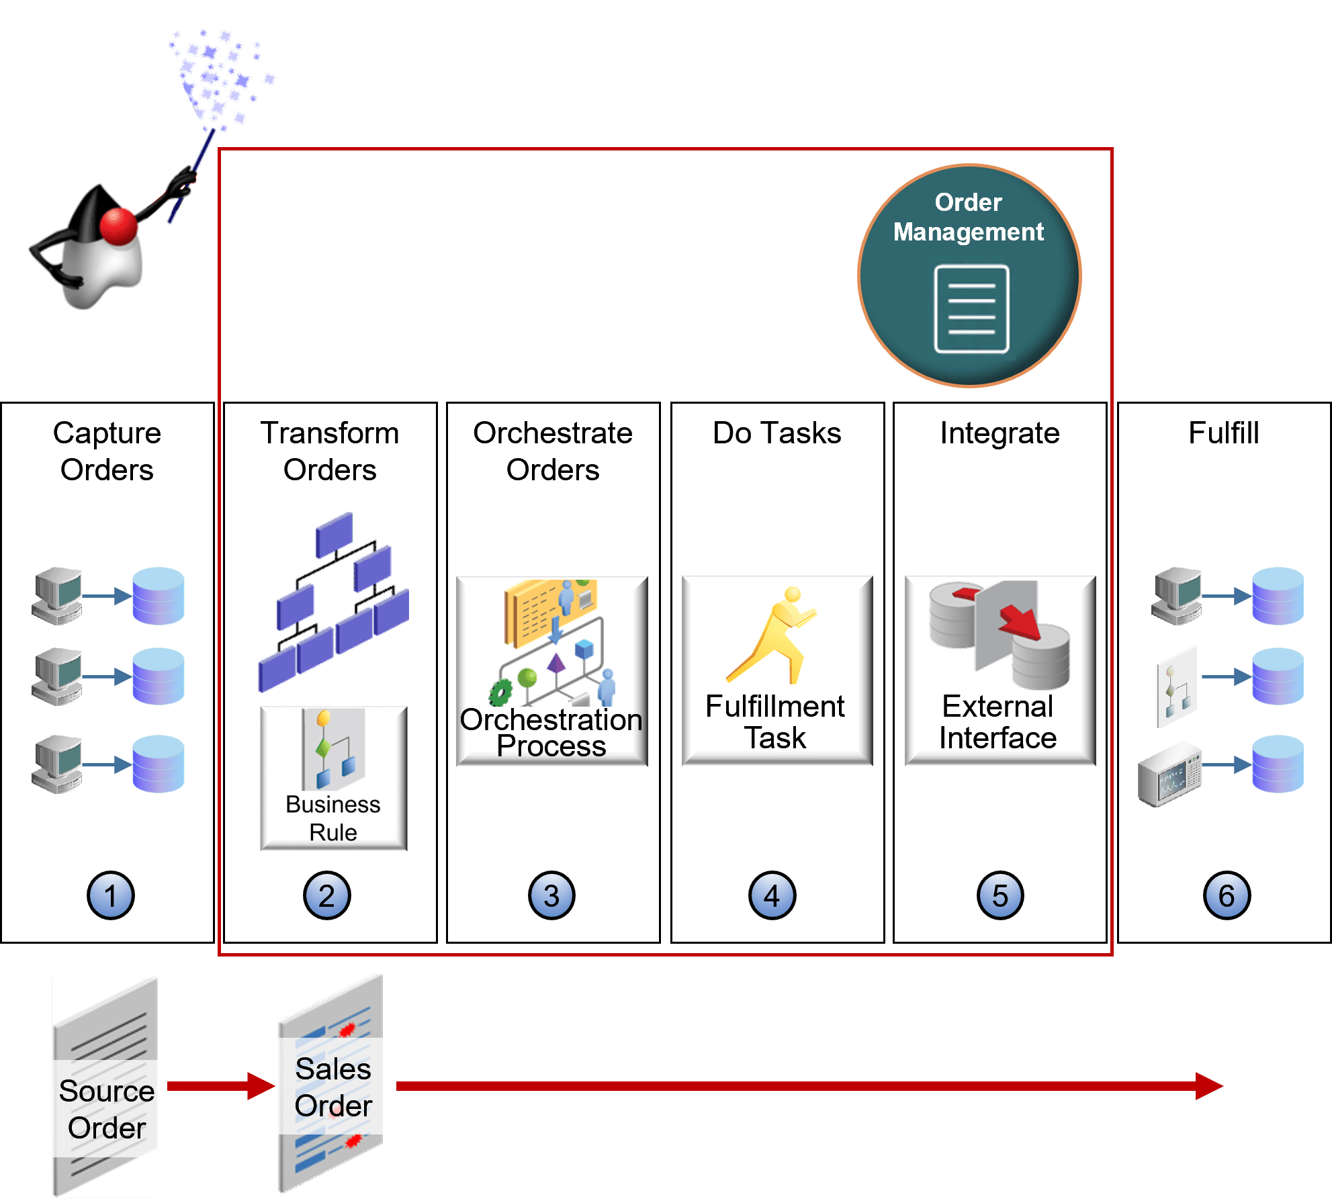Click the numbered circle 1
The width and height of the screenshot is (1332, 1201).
pos(111,895)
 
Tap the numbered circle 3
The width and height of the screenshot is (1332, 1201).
pos(551,895)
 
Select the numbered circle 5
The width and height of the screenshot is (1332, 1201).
pos(1000,895)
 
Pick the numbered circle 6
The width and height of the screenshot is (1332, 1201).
pos(1227,895)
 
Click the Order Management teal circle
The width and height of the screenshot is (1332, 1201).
pos(969,276)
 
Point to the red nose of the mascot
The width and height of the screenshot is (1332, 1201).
pos(118,226)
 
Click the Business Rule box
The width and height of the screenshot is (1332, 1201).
pos(334,778)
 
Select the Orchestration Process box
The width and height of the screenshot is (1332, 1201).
pos(552,670)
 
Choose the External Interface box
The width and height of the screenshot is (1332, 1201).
pos(1000,670)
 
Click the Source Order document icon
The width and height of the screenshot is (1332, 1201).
pos(105,1087)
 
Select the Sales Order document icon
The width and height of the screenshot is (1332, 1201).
pos(331,1083)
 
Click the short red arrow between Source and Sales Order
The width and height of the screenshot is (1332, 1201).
pos(221,1086)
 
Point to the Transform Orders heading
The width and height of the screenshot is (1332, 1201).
pos(330,451)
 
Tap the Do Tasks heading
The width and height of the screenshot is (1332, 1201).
pos(777,433)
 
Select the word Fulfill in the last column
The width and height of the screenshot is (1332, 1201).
pos(1224,433)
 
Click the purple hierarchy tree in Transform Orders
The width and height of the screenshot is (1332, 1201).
pos(334,602)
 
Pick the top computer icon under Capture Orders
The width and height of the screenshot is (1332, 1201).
pos(57,596)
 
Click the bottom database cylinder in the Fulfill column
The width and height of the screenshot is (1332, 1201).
pos(1278,764)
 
